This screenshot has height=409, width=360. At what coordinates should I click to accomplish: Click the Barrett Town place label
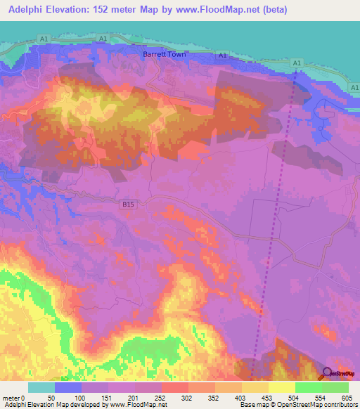163,53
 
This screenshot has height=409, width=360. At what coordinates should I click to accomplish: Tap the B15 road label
127,204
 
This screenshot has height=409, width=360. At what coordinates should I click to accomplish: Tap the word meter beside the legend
11,397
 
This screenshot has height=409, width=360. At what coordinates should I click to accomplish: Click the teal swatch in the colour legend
41,387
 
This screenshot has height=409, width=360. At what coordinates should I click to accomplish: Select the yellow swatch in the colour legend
281,387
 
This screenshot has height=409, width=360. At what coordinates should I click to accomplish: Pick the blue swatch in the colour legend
68,387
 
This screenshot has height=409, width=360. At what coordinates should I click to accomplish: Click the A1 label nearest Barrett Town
222,56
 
